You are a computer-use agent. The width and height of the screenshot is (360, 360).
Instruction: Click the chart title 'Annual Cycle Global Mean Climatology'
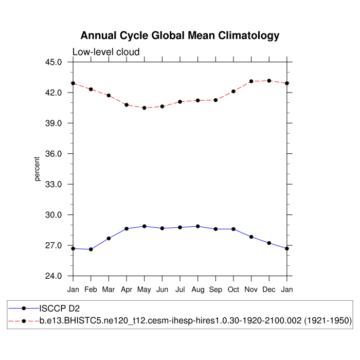coord(180,35)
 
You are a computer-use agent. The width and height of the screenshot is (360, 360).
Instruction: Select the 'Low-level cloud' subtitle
coord(106,52)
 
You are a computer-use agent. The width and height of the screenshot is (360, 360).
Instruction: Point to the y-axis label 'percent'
coord(37,169)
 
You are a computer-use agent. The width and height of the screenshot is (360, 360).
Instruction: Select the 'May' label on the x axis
coord(145,290)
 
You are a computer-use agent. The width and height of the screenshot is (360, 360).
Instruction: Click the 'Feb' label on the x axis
coord(91,290)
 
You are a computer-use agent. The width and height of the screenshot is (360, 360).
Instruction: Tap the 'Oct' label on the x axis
coord(233,290)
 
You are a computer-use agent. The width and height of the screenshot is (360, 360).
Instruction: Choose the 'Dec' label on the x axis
coord(269,290)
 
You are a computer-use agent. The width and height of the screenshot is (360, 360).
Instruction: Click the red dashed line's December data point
coord(269,81)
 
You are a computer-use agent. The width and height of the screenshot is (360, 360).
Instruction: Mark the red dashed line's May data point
coord(145,108)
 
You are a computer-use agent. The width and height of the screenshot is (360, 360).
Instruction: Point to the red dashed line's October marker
coord(233,91)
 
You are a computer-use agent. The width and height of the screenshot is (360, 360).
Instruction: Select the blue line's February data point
coord(91,249)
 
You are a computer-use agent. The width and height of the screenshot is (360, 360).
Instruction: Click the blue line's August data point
coord(198,226)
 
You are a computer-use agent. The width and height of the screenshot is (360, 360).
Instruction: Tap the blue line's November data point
coord(251,237)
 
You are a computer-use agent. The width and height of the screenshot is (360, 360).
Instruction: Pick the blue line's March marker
coord(109,238)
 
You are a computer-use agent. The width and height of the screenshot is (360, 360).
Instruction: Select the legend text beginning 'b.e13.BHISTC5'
coord(195,320)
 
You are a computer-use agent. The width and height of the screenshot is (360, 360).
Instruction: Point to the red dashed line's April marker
coord(127,105)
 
